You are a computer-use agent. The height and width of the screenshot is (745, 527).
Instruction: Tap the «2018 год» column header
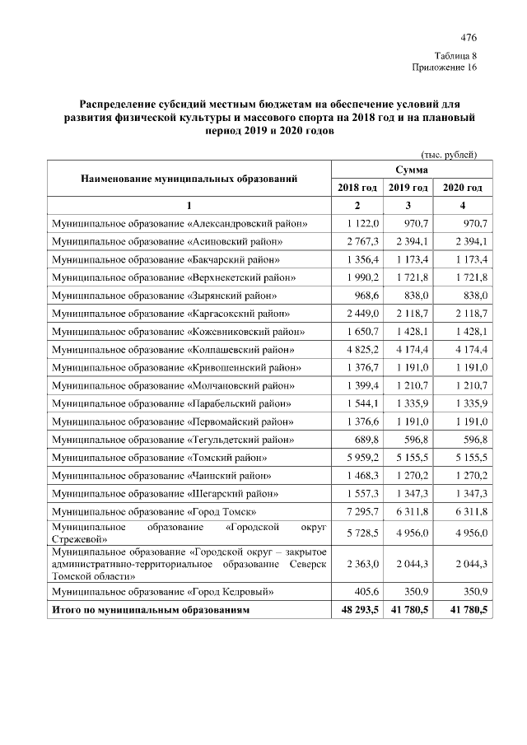point(357,189)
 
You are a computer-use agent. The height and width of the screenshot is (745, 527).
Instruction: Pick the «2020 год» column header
point(463,189)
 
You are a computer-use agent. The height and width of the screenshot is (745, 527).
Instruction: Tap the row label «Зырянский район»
point(164,295)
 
